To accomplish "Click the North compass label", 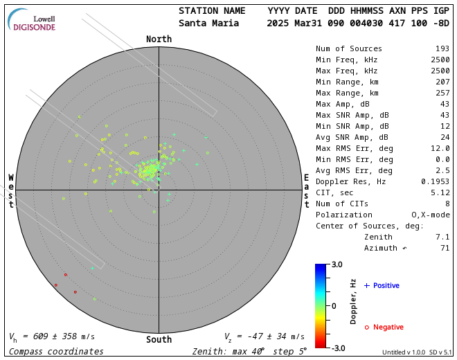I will tap(159, 39).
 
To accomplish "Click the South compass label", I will tap(159, 340).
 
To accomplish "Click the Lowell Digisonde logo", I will tap(34, 20).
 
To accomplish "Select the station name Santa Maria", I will tap(208, 23).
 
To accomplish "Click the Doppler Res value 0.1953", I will tap(436, 181).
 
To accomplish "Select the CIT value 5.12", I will tap(439, 192).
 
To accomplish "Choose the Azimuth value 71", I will tap(445, 248).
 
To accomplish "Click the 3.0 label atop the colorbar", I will tap(337, 264).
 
